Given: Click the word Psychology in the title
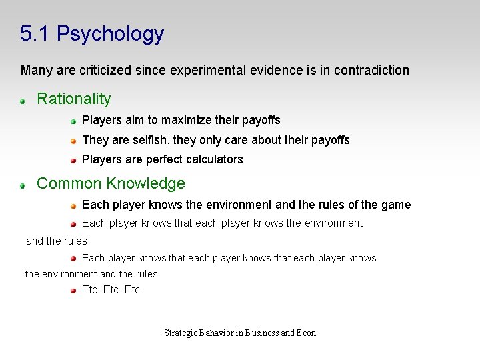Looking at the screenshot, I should pos(110,34).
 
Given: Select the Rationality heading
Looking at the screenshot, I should pos(73,99).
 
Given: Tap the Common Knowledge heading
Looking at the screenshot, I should pos(111,183).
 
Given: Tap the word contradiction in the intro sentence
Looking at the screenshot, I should pos(371,70).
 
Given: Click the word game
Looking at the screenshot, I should pos(396,205).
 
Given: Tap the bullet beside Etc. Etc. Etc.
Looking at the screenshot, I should pos(74,291).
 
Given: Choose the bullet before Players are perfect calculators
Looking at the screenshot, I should pos(74,160).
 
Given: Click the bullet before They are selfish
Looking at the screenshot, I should pos(74,141).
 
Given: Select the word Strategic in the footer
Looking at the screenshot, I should pos(180,333).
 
